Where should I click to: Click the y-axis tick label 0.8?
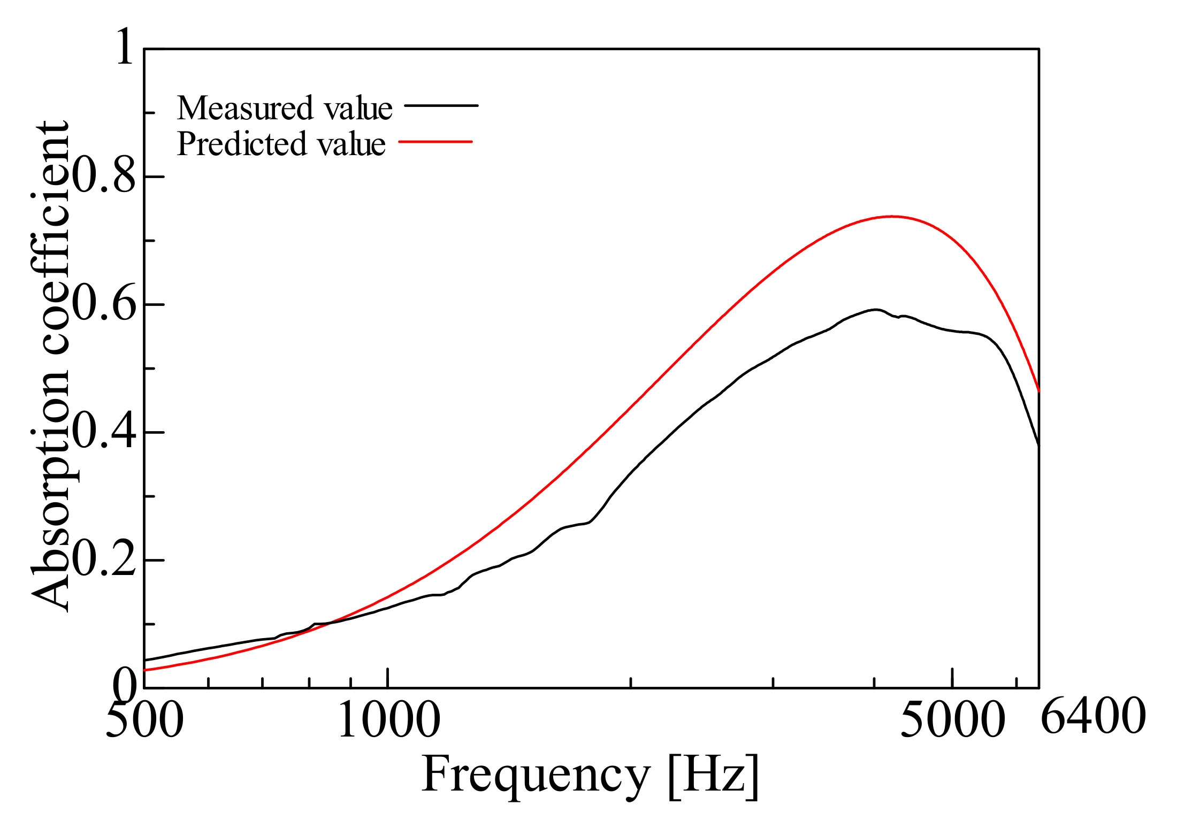(104, 177)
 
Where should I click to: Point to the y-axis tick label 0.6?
(104, 305)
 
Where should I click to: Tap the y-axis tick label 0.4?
(104, 433)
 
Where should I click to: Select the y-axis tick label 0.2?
(104, 561)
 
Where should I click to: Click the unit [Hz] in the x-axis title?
(713, 777)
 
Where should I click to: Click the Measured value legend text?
(285, 108)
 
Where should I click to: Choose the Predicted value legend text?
(281, 144)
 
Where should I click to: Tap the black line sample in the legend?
(441, 105)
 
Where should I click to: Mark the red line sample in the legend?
(435, 142)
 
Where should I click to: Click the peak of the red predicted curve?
(892, 217)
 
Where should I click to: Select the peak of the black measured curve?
(876, 310)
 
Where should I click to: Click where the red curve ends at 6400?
(1038, 391)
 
